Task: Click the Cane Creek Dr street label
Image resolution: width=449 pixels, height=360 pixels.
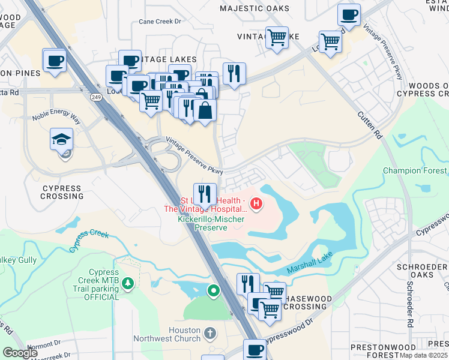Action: (160, 21)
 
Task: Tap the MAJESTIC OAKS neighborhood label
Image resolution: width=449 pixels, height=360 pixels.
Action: (255, 8)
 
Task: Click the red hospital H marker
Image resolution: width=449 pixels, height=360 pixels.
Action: (256, 204)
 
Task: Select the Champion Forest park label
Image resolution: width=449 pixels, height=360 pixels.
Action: (415, 171)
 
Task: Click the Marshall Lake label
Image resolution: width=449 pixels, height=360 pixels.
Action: (305, 259)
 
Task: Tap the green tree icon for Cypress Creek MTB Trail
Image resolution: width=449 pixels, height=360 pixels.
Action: (127, 282)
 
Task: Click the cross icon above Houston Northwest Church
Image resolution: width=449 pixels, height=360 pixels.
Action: (209, 332)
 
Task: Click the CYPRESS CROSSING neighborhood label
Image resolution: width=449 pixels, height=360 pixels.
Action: (61, 192)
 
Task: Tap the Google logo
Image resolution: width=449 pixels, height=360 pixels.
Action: (20, 353)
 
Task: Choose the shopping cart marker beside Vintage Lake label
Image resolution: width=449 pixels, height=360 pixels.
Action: (277, 38)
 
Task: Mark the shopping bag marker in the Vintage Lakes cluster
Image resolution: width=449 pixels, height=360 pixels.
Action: (205, 110)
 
